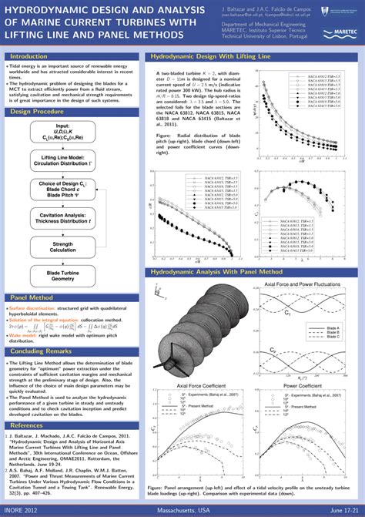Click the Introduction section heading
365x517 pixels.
click(28, 56)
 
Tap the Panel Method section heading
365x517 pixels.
click(31, 297)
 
